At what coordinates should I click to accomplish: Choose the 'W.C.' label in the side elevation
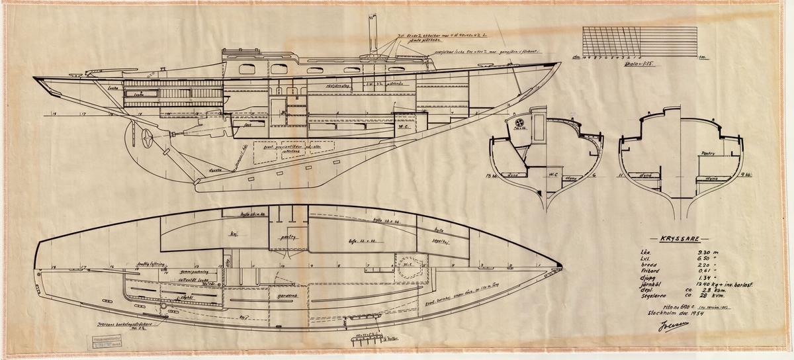pyautogui.click(x=404, y=123)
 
